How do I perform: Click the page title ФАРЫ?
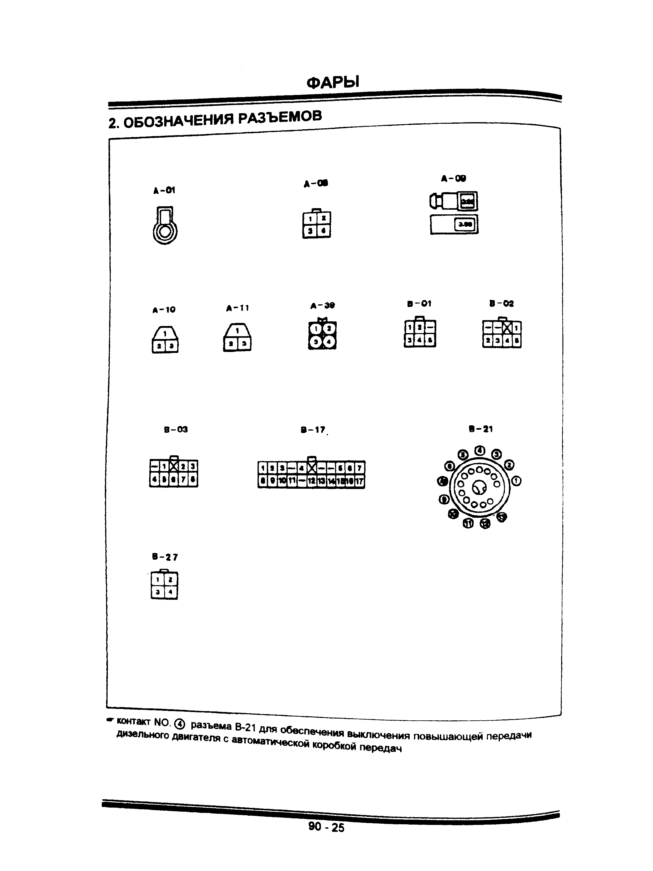click(x=333, y=82)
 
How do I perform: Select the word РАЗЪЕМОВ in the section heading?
click(x=280, y=117)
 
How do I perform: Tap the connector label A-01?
click(x=164, y=191)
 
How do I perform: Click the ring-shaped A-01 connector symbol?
click(x=165, y=230)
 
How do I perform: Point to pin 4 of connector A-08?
click(x=323, y=231)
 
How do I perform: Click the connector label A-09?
click(x=454, y=179)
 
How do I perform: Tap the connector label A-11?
click(x=237, y=308)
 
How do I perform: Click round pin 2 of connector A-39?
click(x=329, y=328)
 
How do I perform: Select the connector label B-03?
click(x=176, y=429)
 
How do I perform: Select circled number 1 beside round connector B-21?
click(x=516, y=481)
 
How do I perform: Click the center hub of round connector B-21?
click(x=479, y=488)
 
